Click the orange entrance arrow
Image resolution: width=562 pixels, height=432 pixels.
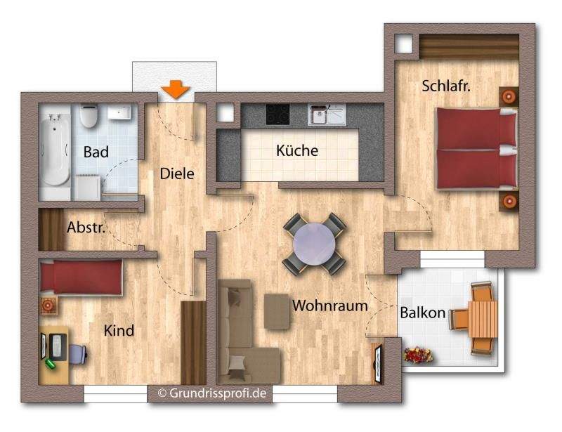[175, 89]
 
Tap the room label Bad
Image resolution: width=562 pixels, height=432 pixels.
[95, 152]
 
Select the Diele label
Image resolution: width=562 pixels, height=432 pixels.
[176, 174]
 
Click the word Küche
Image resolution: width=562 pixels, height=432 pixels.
[297, 150]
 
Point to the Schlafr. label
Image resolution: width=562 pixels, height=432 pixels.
[446, 86]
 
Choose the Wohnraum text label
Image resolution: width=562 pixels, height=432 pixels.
[330, 306]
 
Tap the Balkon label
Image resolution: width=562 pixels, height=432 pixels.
[423, 313]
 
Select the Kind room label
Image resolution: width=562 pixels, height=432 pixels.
[119, 330]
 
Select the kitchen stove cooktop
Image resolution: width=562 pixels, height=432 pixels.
[277, 114]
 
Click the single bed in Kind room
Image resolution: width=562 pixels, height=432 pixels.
[81, 277]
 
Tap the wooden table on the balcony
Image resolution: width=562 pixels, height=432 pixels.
[483, 318]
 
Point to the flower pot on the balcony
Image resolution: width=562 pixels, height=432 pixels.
[418, 355]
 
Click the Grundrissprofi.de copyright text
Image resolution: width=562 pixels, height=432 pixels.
[211, 393]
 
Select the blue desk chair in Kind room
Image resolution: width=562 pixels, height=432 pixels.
[77, 353]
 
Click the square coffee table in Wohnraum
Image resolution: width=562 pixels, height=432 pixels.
[277, 311]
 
